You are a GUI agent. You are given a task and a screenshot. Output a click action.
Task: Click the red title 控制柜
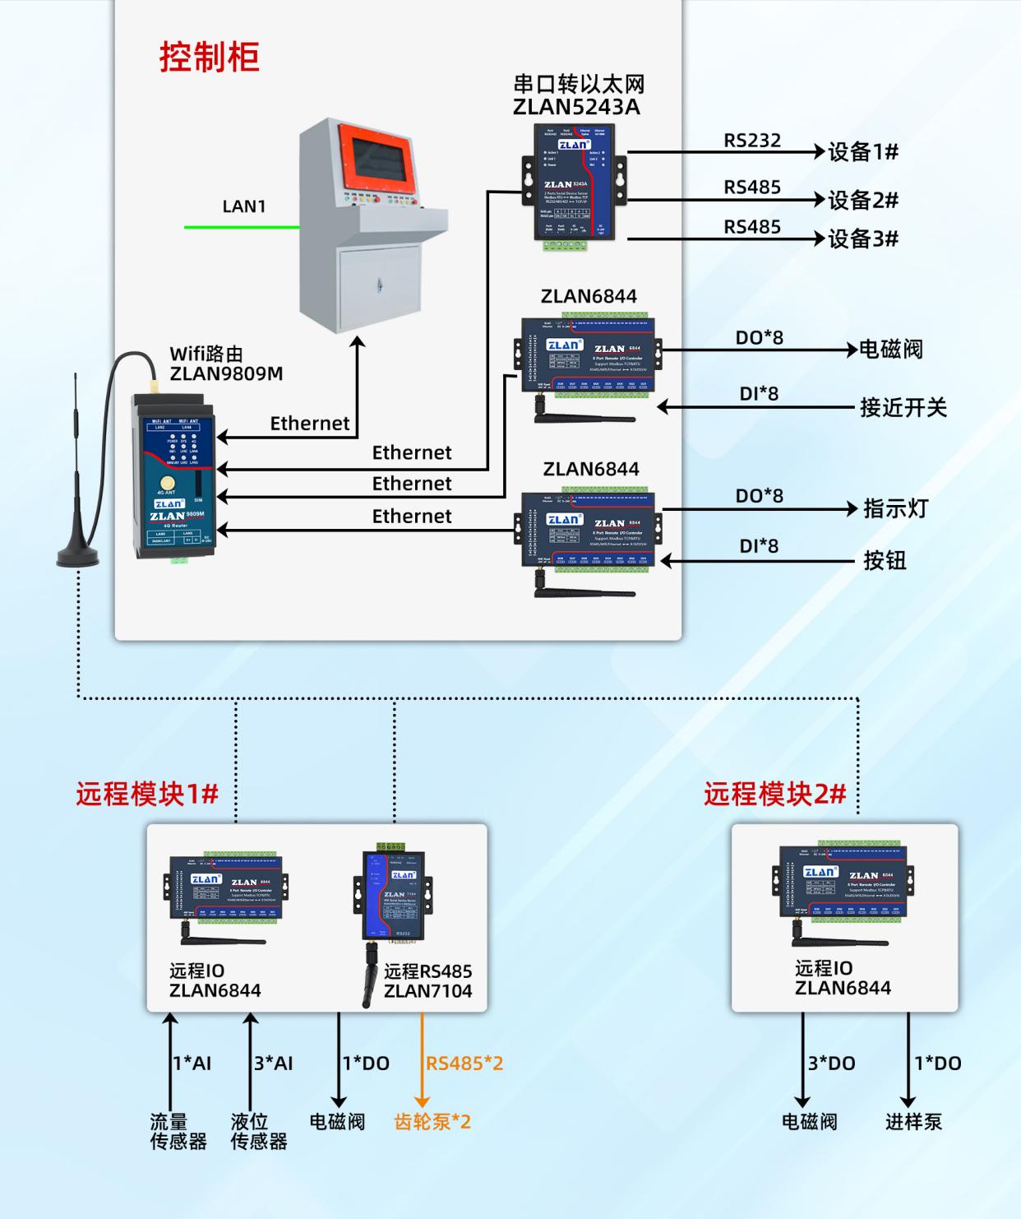(209, 58)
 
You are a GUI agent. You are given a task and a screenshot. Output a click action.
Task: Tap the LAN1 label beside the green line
(244, 206)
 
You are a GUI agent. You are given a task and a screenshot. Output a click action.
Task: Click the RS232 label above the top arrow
(751, 141)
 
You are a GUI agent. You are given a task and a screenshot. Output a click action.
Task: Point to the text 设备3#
(862, 239)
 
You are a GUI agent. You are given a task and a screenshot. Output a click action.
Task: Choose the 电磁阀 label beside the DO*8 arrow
(890, 350)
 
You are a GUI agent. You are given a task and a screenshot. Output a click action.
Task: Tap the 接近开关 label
(903, 407)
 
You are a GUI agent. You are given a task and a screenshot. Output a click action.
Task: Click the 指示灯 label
(895, 508)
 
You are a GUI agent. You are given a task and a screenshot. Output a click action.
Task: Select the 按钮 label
(885, 561)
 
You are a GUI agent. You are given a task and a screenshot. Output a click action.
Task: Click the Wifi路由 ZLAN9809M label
(225, 364)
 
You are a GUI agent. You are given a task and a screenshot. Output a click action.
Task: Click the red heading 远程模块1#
(147, 794)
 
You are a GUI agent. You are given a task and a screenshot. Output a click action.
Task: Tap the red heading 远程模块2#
(774, 794)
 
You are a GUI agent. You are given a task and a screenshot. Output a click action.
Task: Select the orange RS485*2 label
(464, 1064)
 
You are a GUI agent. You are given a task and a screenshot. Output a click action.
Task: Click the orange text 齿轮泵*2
(432, 1122)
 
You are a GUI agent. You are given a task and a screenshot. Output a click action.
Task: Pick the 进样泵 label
(913, 1122)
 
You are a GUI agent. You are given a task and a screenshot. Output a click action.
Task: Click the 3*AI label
(273, 1064)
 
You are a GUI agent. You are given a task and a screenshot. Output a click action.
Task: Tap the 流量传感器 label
(178, 1131)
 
